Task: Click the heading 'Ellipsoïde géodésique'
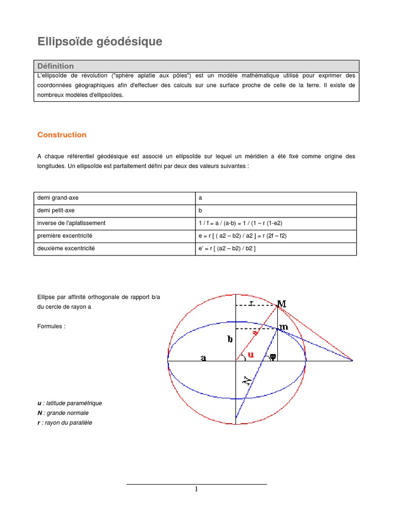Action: [x=100, y=42]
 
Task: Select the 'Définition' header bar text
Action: [x=56, y=66]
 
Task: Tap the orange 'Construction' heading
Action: [x=62, y=135]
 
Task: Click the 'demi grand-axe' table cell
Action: [x=58, y=198]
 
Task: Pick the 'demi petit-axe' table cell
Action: [x=56, y=210]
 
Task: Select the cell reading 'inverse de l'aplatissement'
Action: [x=71, y=223]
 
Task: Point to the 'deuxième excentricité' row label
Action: [x=66, y=249]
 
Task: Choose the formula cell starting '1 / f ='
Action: [x=240, y=223]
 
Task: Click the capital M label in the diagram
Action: [x=281, y=304]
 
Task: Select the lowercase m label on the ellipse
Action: [x=283, y=327]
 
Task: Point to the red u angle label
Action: [x=250, y=354]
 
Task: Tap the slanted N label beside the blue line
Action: [x=247, y=380]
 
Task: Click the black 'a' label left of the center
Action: [x=203, y=358]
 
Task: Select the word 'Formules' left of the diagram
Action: [x=51, y=326]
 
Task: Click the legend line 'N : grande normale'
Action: [x=63, y=413]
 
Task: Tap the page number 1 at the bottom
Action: [x=196, y=489]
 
